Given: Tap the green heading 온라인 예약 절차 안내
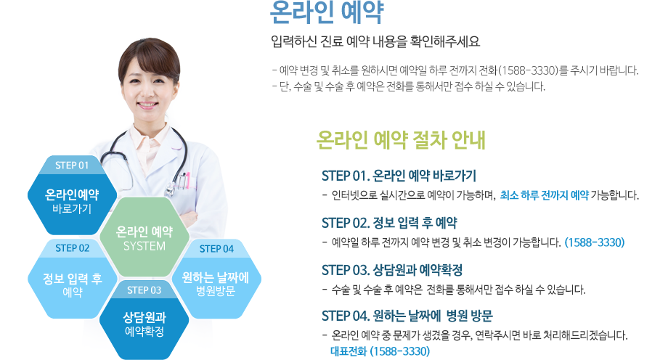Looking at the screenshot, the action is [x=401, y=140].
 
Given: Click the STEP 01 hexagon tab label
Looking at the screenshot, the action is [x=72, y=165].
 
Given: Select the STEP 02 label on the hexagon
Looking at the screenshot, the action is [x=73, y=248].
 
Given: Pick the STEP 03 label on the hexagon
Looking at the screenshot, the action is [x=144, y=290].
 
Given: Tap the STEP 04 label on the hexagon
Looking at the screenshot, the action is [x=216, y=249].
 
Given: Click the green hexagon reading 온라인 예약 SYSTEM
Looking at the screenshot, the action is [x=144, y=237].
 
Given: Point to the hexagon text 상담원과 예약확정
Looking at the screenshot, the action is [x=144, y=324].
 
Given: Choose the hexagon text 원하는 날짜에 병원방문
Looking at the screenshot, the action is [x=216, y=285].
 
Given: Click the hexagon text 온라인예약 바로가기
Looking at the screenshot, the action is [x=72, y=202].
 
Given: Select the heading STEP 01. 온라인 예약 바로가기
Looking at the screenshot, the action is [x=399, y=176].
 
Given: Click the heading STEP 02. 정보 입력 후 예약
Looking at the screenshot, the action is [x=389, y=223].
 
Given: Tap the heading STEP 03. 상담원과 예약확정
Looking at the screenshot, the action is [x=392, y=270].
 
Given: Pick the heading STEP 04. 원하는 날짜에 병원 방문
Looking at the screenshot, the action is [x=407, y=316].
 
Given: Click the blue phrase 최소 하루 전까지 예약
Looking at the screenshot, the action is [x=545, y=195].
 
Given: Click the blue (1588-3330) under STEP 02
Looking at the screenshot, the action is [x=595, y=242].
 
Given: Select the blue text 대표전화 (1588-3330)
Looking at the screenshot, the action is [x=380, y=351].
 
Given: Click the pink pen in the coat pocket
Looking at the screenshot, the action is [x=187, y=181].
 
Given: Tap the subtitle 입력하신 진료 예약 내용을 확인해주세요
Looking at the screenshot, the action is [x=375, y=41].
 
